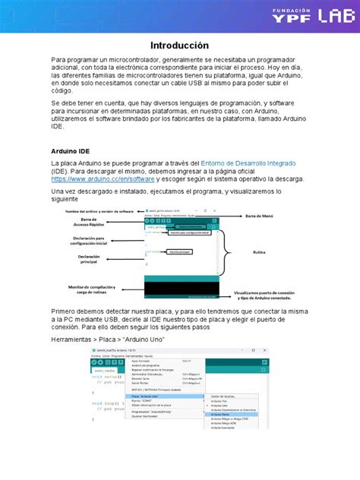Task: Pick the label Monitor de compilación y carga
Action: coord(90,289)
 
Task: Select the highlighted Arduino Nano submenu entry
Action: coord(224,415)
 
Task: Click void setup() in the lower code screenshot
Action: coord(107,376)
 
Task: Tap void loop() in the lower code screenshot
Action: coord(106,404)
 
